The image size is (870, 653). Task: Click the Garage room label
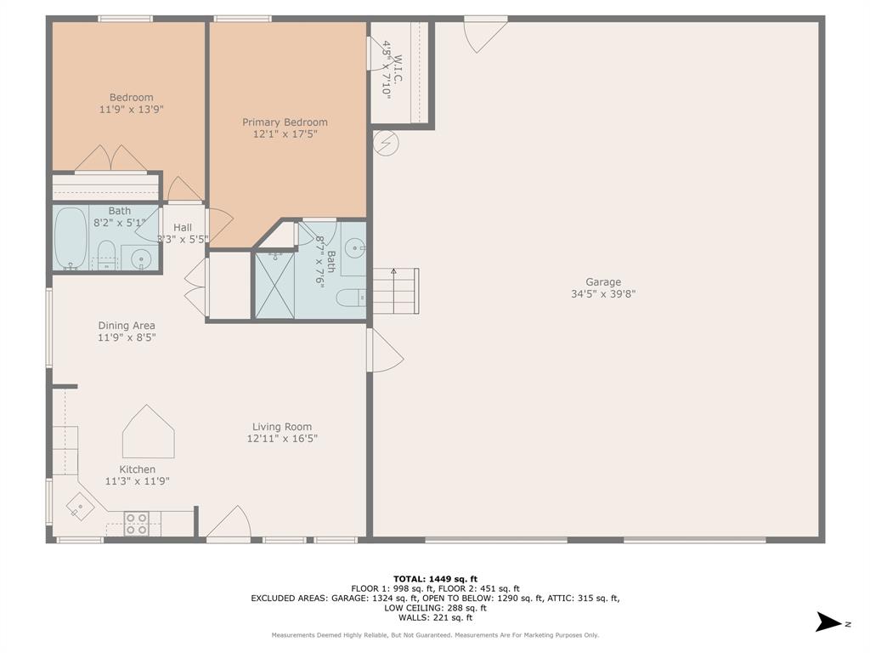pyautogui.click(x=602, y=282)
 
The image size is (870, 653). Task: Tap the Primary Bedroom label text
pyautogui.click(x=285, y=122)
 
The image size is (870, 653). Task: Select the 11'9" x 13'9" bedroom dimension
pyautogui.click(x=131, y=110)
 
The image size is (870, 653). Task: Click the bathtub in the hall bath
pyautogui.click(x=71, y=239)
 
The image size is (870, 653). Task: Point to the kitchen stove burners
pyautogui.click(x=137, y=524)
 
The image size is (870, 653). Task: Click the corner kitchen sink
pyautogui.click(x=81, y=508)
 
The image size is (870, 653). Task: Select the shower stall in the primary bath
pyautogui.click(x=274, y=284)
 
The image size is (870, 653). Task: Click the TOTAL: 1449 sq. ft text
pyautogui.click(x=435, y=578)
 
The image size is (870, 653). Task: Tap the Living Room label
pyautogui.click(x=282, y=427)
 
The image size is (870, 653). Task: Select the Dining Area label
pyautogui.click(x=127, y=326)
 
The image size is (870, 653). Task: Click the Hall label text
pyautogui.click(x=183, y=228)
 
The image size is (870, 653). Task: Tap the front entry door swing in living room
pyautogui.click(x=229, y=522)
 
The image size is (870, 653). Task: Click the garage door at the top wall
pyautogui.click(x=484, y=31)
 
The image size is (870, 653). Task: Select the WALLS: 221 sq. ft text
pyautogui.click(x=435, y=618)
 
